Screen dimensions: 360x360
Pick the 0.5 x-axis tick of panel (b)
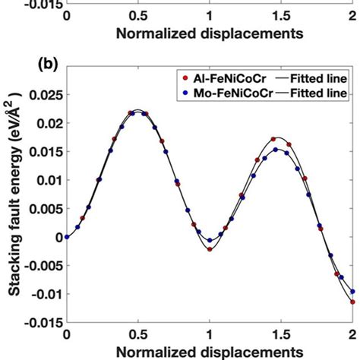(138, 335)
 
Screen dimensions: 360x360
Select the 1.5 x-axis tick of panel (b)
(281, 335)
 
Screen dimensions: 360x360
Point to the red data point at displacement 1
(210, 248)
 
